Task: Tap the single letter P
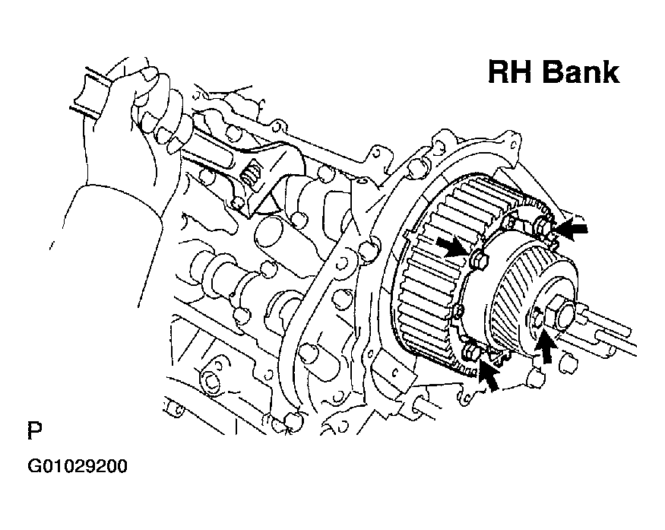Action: (x=35, y=430)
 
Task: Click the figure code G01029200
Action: (x=78, y=466)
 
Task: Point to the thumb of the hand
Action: (x=147, y=76)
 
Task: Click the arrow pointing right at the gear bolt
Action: (x=453, y=246)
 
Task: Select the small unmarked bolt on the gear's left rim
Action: (x=458, y=311)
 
